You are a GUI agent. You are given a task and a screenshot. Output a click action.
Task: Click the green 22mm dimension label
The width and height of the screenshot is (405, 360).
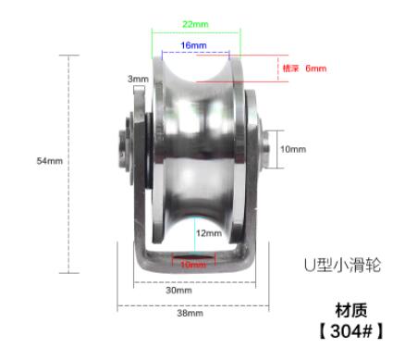click(195, 24)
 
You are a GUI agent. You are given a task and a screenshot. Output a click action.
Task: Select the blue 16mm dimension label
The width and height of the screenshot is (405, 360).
click(193, 45)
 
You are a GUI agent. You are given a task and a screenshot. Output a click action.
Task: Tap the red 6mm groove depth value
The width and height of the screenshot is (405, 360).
click(316, 68)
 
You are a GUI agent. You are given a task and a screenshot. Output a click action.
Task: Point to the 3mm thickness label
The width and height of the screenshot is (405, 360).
click(138, 79)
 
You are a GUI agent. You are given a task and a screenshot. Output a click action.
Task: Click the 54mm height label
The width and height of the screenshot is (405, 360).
click(50, 161)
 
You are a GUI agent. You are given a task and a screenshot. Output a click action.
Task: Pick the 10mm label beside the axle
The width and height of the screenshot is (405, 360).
click(293, 149)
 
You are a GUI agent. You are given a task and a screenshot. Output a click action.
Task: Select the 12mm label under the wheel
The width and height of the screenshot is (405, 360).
click(209, 233)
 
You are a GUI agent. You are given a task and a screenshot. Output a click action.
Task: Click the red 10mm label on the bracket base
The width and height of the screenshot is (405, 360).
click(193, 265)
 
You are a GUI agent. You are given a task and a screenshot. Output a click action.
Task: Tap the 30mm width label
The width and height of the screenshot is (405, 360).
click(178, 291)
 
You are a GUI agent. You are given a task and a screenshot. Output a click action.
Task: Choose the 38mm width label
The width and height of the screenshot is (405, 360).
click(190, 313)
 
